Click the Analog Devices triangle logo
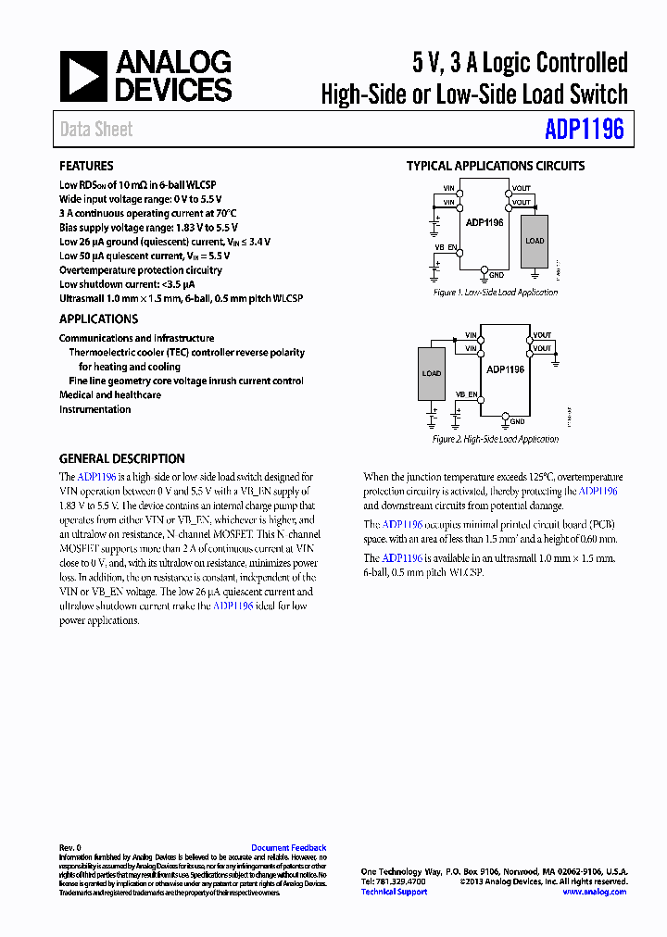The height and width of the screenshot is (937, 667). click(x=83, y=77)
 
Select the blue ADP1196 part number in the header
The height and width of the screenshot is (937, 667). click(x=584, y=129)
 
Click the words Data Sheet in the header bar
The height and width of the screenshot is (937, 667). click(x=96, y=130)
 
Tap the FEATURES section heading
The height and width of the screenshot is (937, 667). click(x=86, y=167)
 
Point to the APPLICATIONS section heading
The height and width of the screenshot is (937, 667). click(x=98, y=319)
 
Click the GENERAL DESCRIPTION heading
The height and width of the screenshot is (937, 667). click(x=121, y=458)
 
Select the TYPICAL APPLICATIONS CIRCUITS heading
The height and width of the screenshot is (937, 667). click(x=496, y=167)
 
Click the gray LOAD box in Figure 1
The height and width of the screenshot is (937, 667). click(x=535, y=241)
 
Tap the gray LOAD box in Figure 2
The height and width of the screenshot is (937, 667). click(x=432, y=373)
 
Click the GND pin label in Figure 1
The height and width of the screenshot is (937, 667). click(x=497, y=275)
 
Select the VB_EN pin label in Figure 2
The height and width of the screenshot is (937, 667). click(x=466, y=394)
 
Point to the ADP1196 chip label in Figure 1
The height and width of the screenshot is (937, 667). click(x=485, y=222)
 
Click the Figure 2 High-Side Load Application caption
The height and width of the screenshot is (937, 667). click(x=496, y=439)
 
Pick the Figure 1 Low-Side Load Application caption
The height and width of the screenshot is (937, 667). click(x=496, y=292)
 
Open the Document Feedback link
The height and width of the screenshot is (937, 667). click(x=288, y=848)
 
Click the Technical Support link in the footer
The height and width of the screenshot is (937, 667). click(x=394, y=892)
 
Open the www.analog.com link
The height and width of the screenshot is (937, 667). click(x=594, y=892)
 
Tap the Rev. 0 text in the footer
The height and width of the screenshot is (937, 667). click(x=70, y=848)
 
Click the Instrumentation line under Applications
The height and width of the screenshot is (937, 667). click(x=94, y=409)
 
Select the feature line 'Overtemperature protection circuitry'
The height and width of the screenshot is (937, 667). click(x=141, y=270)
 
